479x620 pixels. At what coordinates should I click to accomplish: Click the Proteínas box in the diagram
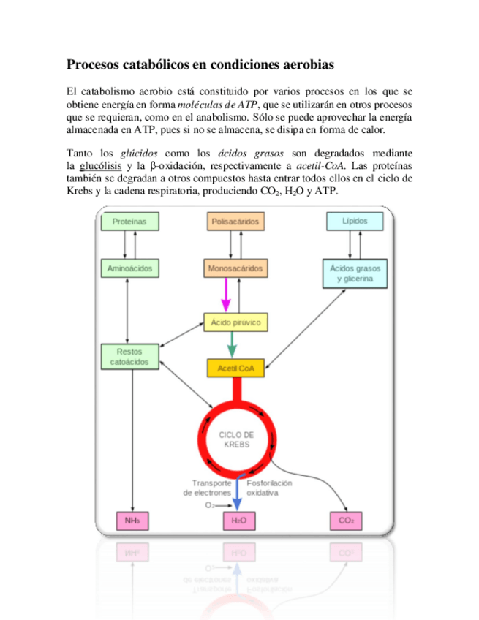click(129, 221)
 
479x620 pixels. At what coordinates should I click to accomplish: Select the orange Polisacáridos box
click(235, 221)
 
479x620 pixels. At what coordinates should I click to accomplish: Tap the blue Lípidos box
click(354, 221)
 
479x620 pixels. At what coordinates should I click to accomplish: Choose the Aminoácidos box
click(129, 268)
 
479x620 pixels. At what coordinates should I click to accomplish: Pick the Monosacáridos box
click(235, 268)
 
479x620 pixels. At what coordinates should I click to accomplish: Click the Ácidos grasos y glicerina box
click(354, 273)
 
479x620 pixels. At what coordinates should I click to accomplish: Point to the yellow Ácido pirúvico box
click(235, 322)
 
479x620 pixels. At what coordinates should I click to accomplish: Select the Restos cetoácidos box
click(129, 356)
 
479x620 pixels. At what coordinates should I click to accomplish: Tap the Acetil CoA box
click(235, 368)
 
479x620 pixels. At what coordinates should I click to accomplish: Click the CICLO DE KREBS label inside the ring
click(236, 439)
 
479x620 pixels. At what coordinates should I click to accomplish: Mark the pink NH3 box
click(132, 521)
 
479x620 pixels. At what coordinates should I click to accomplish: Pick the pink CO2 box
click(345, 521)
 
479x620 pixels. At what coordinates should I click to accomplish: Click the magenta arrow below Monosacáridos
click(225, 295)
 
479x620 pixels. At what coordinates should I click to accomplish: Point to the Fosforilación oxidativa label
click(269, 488)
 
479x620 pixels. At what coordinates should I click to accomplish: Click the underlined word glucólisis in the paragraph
click(101, 166)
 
